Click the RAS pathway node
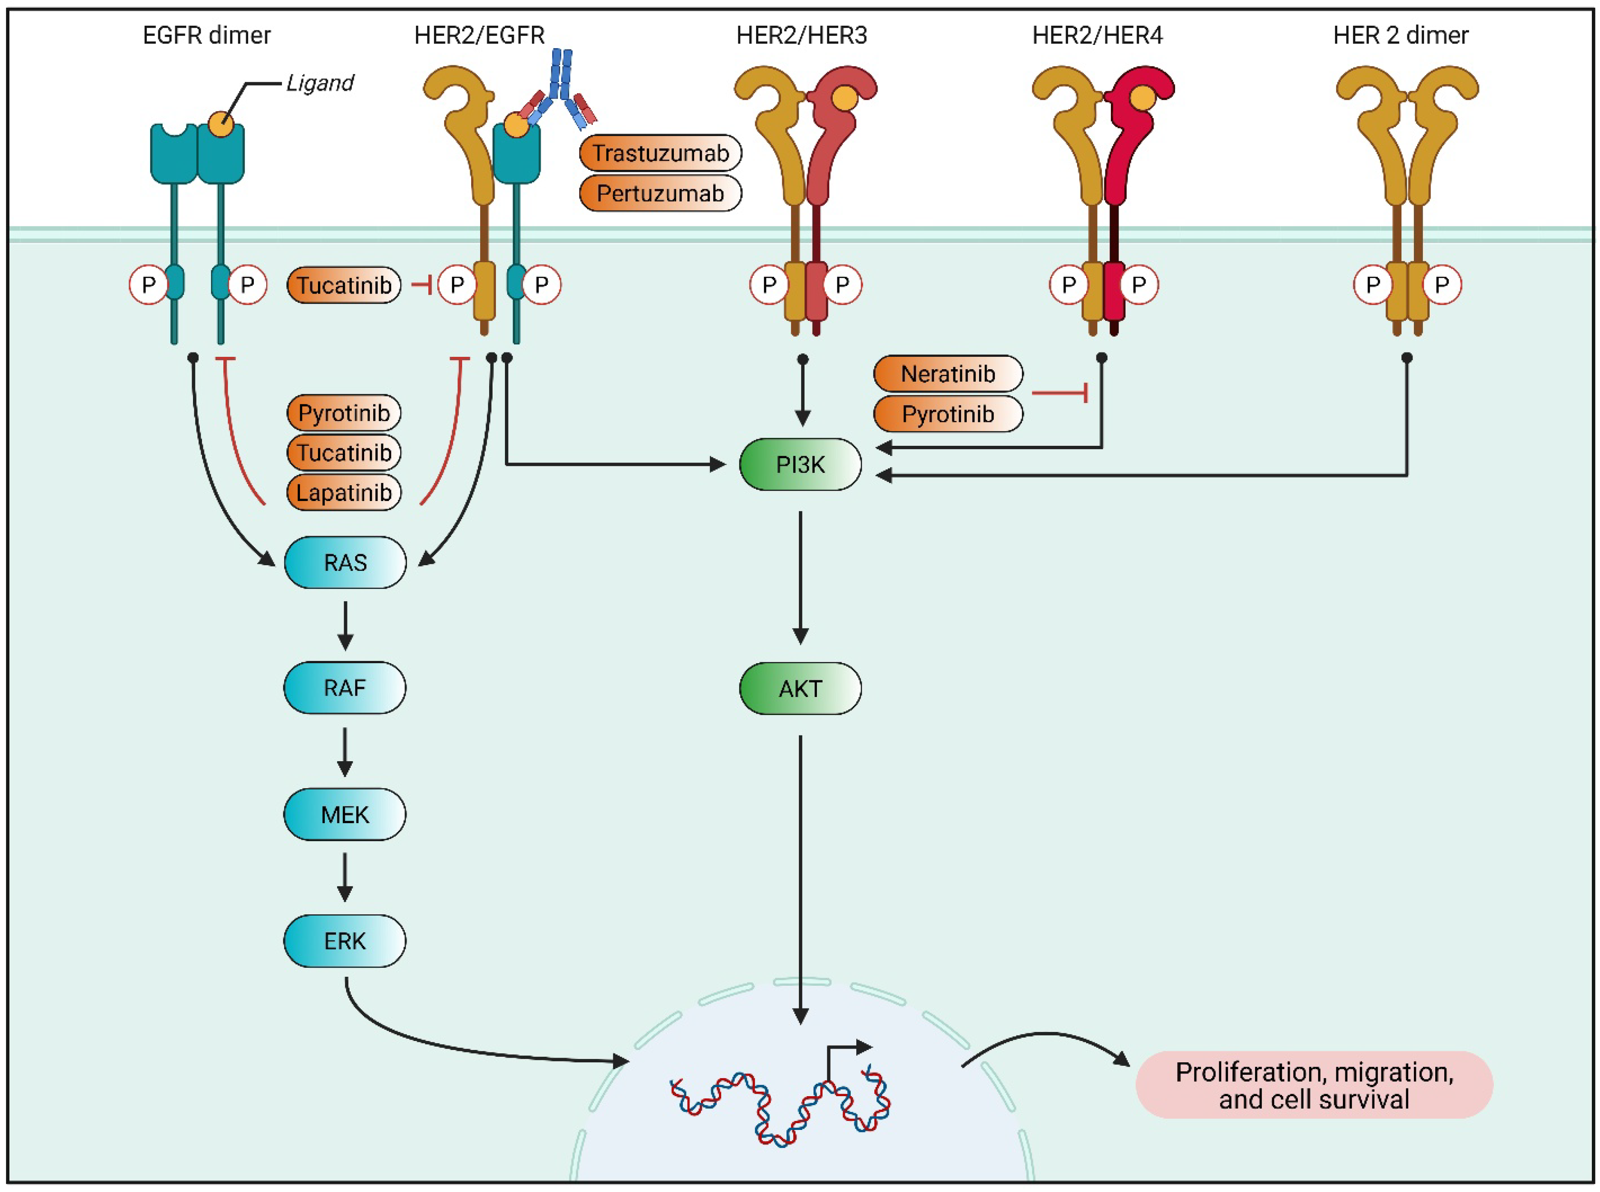(345, 562)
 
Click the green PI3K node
(800, 465)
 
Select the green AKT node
(800, 688)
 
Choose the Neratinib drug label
(947, 374)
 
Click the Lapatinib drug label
(344, 493)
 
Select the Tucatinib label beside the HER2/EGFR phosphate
(344, 285)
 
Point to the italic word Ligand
(320, 83)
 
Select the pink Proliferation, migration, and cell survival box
(1313, 1085)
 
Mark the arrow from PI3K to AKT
(800, 577)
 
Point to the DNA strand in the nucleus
(779, 1104)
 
